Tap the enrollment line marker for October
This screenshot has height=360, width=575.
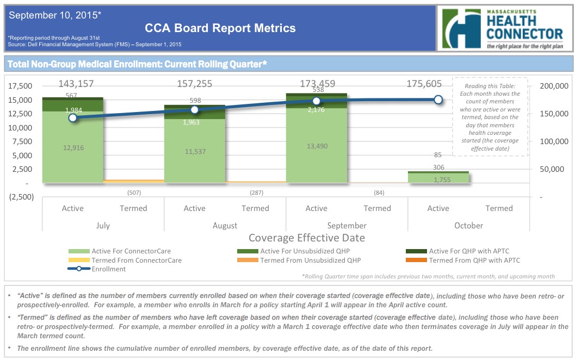point(438,100)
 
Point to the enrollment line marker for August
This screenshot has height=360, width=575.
point(195,110)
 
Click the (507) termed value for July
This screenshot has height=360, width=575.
point(133,193)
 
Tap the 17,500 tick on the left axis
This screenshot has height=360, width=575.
point(21,86)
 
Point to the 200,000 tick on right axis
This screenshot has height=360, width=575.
point(554,86)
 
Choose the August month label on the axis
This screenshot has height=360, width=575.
point(225,225)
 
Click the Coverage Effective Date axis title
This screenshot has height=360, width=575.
point(306,238)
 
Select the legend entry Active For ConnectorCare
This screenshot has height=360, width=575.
point(131,251)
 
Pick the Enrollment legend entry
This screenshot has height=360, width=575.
point(108,269)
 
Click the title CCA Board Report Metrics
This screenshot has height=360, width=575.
point(220,28)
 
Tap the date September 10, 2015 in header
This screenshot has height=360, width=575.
point(55,15)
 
